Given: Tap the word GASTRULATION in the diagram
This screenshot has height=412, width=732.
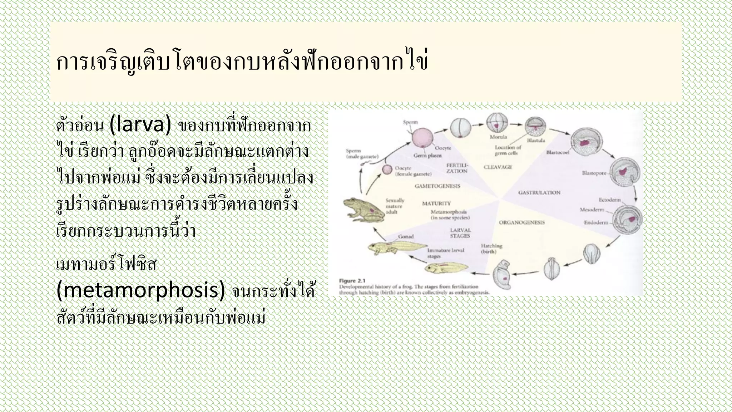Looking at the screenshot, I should pyautogui.click(x=539, y=192).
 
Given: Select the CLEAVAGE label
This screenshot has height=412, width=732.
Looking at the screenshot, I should pyautogui.click(x=498, y=167).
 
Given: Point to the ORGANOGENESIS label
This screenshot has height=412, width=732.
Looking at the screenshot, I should pyautogui.click(x=522, y=222).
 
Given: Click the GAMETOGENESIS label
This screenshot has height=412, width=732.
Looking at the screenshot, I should pyautogui.click(x=437, y=186).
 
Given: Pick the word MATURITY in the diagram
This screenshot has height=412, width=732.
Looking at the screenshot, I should pyautogui.click(x=436, y=203).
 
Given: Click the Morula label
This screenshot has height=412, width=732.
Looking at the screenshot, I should pyautogui.click(x=498, y=137).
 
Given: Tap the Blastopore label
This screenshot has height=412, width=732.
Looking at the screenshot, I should pyautogui.click(x=594, y=173).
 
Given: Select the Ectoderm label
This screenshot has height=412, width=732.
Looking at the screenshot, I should pyautogui.click(x=610, y=200).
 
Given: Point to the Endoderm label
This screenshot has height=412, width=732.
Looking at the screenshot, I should pyautogui.click(x=596, y=222).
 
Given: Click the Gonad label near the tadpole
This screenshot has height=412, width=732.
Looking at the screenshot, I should pyautogui.click(x=406, y=236).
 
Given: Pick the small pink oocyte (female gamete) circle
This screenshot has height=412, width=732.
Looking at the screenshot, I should pyautogui.click(x=387, y=170).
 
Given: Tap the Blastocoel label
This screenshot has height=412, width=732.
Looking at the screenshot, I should pyautogui.click(x=558, y=153).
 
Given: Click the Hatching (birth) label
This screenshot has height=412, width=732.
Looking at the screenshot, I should pyautogui.click(x=491, y=249).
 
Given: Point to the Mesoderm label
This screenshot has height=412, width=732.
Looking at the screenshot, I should pyautogui.click(x=592, y=210).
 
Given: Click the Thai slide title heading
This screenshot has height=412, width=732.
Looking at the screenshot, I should pyautogui.click(x=242, y=63).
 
